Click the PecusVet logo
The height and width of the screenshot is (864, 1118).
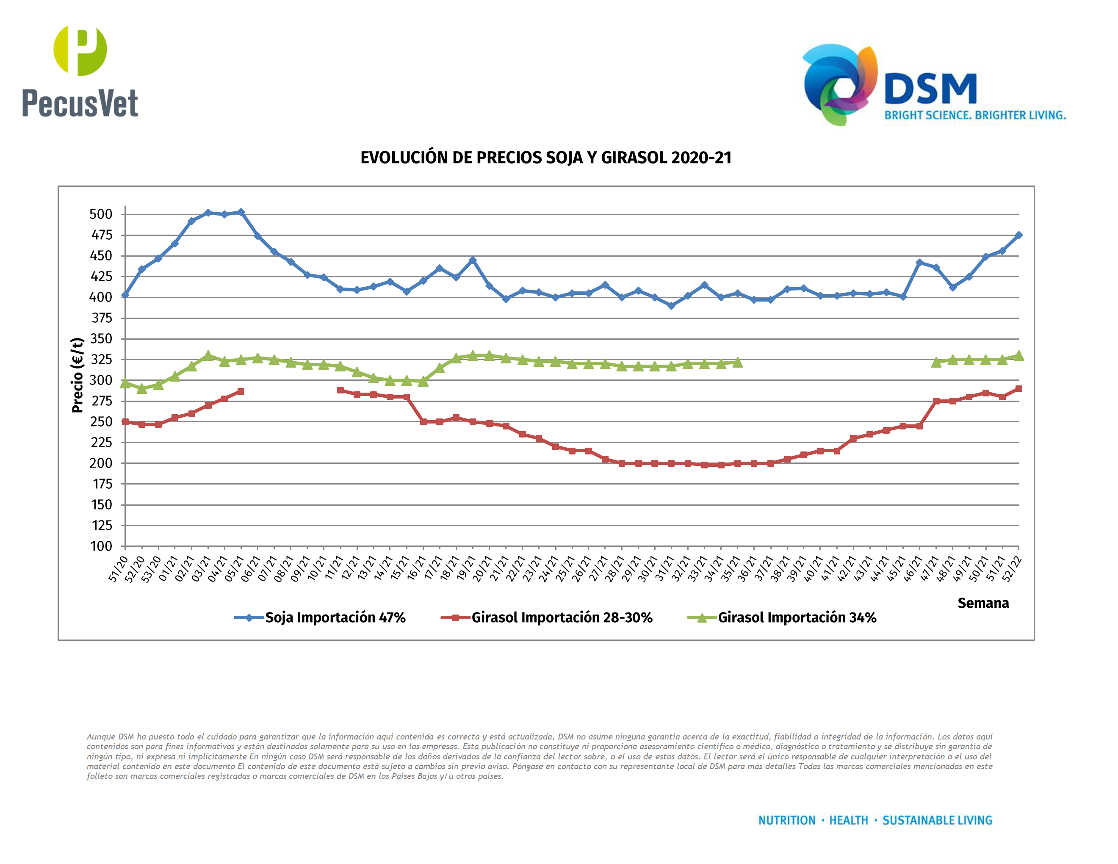click(80, 72)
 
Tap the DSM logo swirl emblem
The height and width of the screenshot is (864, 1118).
click(839, 84)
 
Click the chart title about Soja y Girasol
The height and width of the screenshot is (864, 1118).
click(546, 158)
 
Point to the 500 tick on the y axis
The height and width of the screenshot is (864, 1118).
click(101, 214)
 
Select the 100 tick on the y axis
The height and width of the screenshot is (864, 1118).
click(101, 546)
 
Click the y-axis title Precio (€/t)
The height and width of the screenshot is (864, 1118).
click(77, 375)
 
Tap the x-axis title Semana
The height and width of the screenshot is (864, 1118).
click(983, 603)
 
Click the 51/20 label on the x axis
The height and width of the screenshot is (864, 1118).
click(118, 569)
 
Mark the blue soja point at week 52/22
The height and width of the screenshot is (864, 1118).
click(1018, 235)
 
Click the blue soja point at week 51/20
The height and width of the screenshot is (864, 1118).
click(125, 295)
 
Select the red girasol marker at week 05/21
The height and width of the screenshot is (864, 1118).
click(241, 392)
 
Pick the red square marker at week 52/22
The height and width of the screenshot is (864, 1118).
click(1018, 389)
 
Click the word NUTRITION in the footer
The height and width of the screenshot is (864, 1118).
click(786, 820)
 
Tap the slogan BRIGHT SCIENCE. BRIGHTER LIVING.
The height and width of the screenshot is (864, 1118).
click(975, 115)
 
